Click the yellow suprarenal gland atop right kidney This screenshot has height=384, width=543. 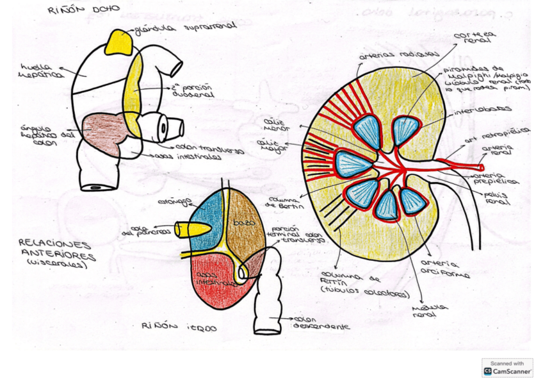tap(120, 42)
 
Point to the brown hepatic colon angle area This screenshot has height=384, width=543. tap(102, 131)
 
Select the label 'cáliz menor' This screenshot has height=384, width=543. tap(277, 123)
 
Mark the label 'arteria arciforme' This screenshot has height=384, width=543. tap(444, 269)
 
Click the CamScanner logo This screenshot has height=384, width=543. tap(507, 367)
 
